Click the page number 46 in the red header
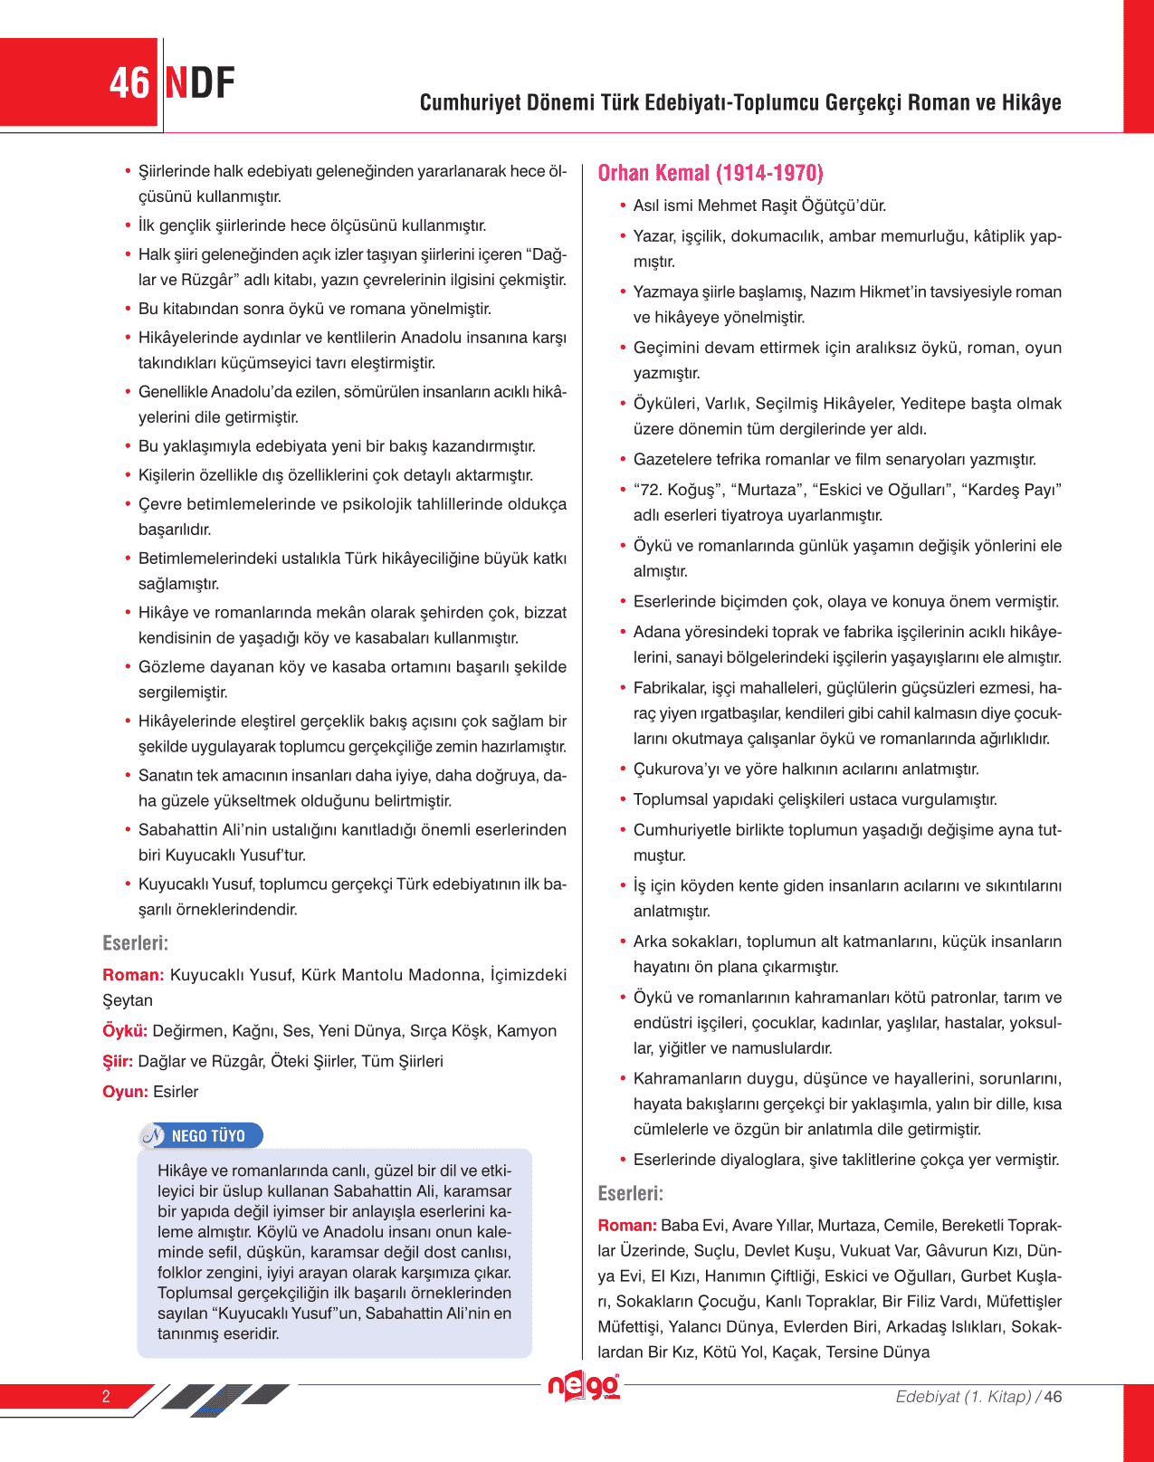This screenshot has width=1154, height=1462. point(129,83)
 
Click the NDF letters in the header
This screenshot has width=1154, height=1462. point(200,83)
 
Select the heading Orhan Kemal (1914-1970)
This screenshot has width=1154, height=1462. point(711,173)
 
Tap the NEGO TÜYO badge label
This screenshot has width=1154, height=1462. point(208,1135)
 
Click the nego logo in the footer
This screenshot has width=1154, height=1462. point(584,1386)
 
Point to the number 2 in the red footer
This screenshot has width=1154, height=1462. point(106,1396)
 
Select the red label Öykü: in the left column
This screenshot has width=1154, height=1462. point(125,1030)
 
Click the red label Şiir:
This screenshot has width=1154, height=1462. point(118,1061)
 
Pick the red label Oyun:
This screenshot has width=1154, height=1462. point(125,1092)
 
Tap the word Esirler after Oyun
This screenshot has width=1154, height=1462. point(176,1092)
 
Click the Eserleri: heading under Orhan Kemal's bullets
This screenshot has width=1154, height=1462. point(631,1193)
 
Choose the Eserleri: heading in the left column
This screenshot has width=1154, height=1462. point(136,943)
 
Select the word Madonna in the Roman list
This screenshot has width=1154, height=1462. point(445,974)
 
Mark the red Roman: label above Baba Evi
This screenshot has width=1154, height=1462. point(627,1225)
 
